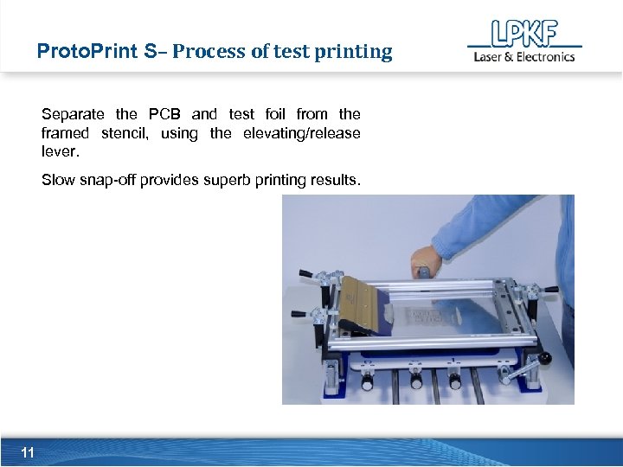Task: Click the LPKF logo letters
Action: tap(523, 34)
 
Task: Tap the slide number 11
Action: tap(28, 452)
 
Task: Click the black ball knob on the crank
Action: tap(546, 357)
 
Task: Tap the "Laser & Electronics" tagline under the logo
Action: tap(523, 57)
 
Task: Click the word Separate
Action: tap(73, 114)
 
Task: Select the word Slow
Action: tap(57, 180)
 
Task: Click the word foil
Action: tap(275, 114)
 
